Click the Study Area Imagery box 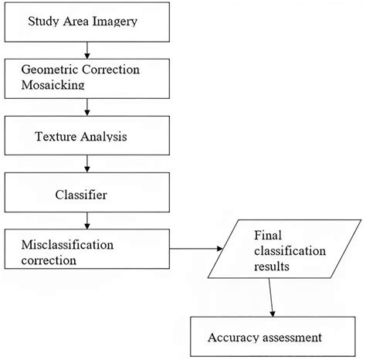[87, 21]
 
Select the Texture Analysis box [87, 137]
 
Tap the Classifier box [87, 195]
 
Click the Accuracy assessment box [264, 338]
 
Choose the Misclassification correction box [87, 252]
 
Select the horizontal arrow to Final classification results [197, 249]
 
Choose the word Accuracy [235, 338]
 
